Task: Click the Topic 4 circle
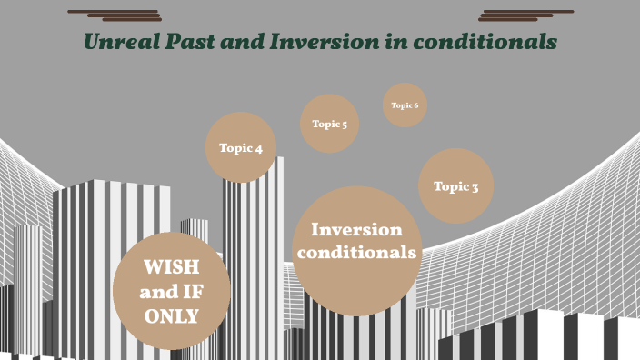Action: pos(241,147)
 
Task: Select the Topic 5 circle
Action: pos(330,124)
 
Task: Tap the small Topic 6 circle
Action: pos(405,105)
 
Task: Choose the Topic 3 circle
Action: pos(455,186)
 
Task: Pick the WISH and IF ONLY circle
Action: pos(172,291)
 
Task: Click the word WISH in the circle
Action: pos(172,268)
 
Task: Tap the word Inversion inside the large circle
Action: pos(356,230)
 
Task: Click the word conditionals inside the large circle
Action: pos(356,252)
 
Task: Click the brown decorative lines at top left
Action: pos(115,15)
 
